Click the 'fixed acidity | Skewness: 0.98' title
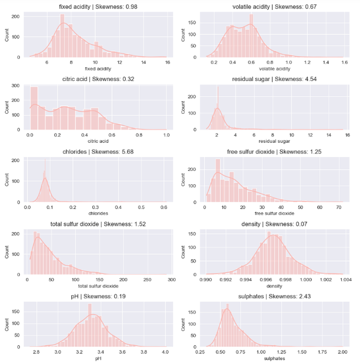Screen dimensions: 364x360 point(97,7)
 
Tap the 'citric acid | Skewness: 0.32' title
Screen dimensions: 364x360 point(97,79)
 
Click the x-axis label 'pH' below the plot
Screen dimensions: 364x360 point(97,358)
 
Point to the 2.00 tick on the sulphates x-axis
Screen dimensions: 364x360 point(342,351)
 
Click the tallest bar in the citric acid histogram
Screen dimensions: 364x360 point(34,108)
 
